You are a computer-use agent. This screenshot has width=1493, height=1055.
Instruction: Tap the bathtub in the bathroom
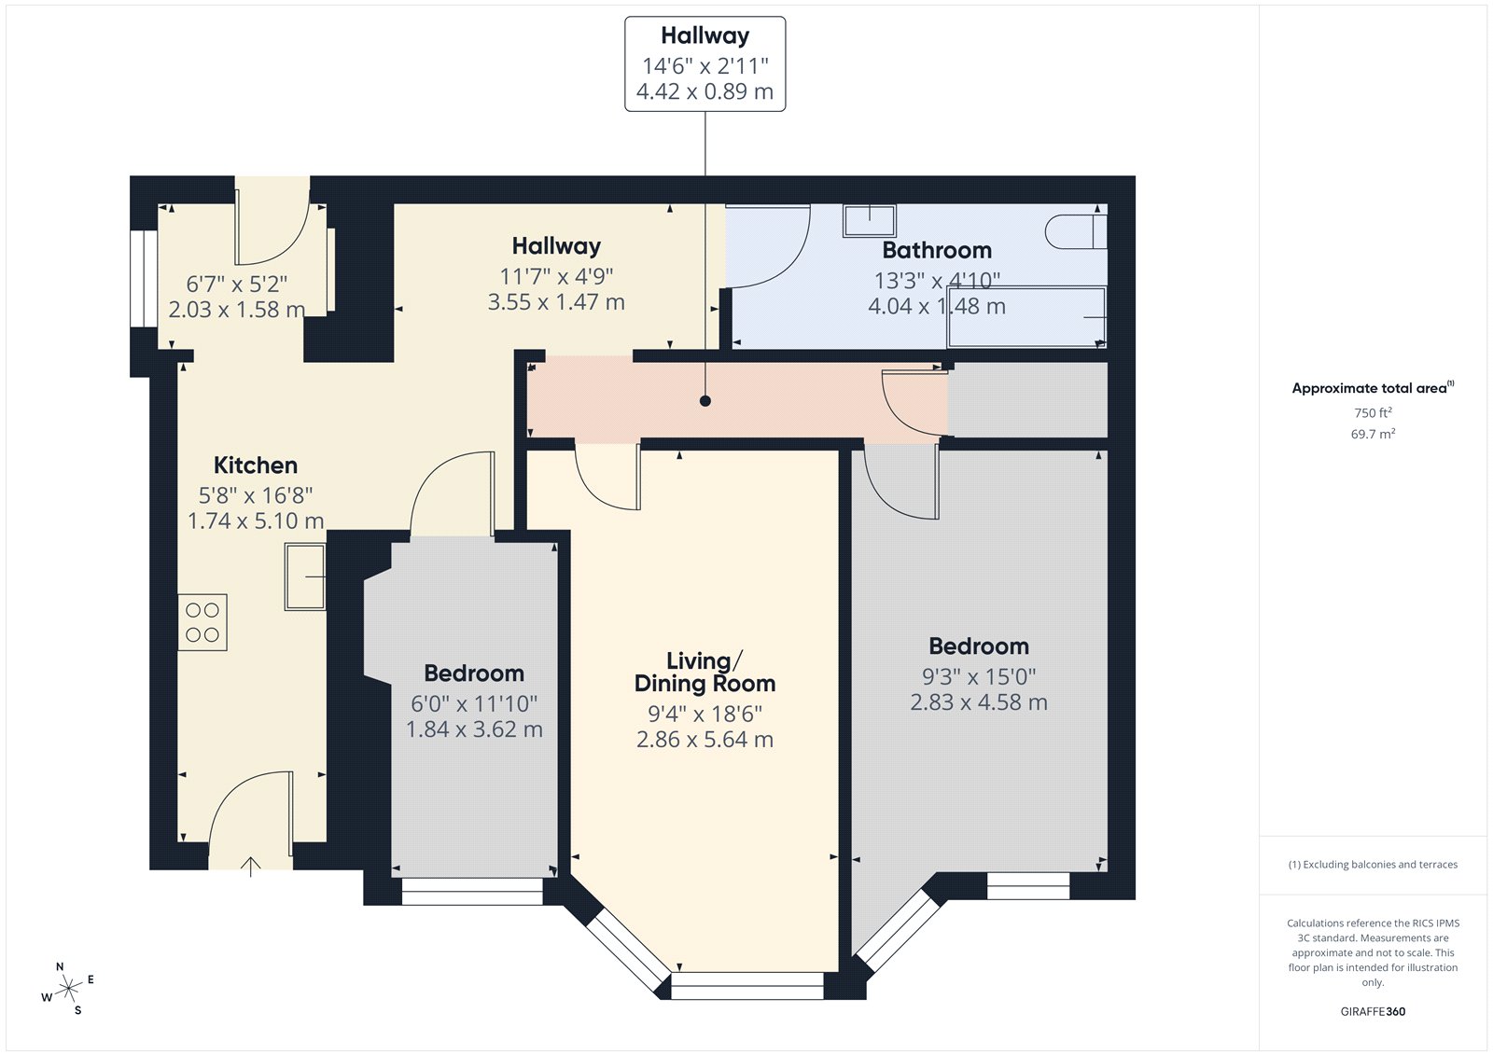1026,317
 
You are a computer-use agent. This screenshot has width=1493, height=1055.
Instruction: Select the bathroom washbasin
869,220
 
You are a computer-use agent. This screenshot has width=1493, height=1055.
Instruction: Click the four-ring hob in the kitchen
202,622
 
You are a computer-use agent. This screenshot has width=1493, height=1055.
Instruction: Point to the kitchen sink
305,576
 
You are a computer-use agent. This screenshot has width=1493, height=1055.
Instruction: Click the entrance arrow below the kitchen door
251,867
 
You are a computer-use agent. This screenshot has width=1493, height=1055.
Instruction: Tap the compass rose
69,989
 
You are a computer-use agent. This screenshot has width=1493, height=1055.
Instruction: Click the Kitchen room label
256,465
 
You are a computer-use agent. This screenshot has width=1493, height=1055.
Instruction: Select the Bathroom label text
937,251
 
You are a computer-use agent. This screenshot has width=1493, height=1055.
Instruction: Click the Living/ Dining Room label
705,672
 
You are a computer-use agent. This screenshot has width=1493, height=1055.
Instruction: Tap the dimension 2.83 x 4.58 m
979,701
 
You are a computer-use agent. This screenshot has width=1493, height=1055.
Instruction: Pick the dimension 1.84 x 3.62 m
474,729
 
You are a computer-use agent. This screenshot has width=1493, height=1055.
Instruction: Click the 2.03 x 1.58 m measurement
237,310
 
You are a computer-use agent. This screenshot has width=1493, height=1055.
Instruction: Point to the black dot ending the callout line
705,401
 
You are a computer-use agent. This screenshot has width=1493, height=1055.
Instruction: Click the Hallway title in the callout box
705,35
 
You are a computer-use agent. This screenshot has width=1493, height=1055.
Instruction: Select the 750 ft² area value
1373,412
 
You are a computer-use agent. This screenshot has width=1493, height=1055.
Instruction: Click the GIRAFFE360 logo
1373,1011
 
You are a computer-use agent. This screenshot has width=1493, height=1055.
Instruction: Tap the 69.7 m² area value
1373,434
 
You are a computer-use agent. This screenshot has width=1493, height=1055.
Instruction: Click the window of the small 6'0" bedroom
472,891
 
